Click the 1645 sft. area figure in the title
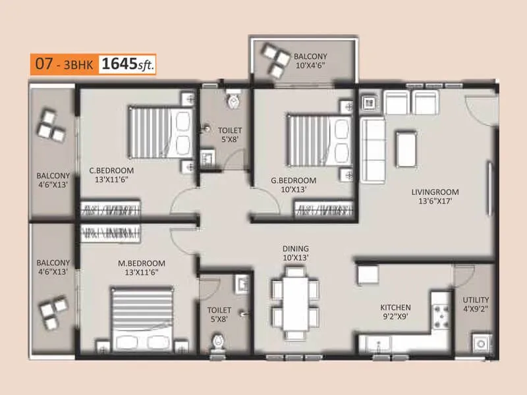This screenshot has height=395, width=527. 127,65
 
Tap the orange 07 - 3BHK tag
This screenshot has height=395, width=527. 63,65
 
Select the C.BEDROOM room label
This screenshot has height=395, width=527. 112,174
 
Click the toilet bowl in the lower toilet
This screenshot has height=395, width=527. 218,342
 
